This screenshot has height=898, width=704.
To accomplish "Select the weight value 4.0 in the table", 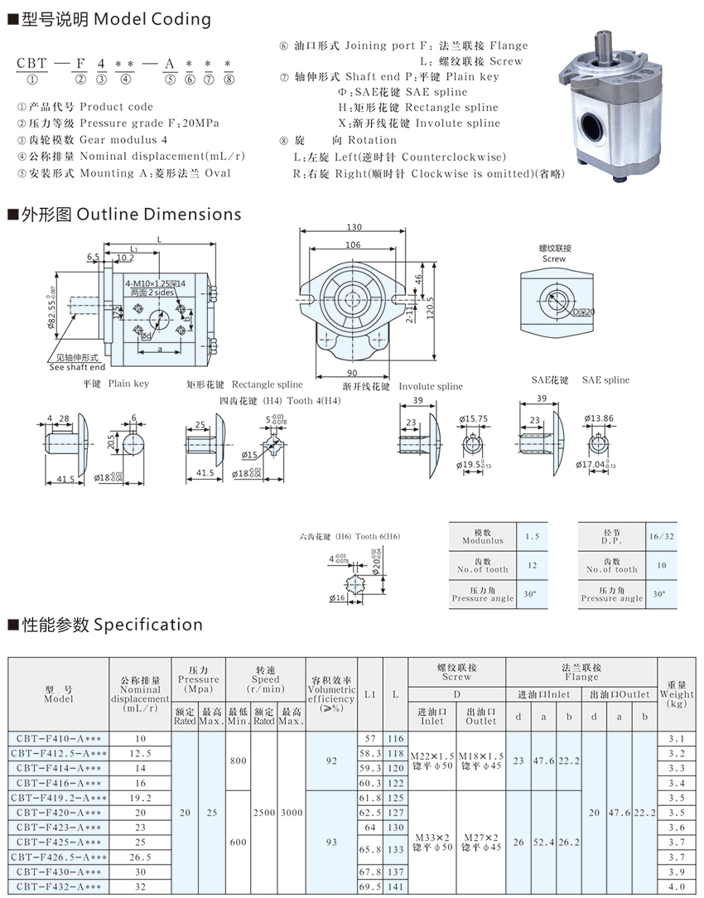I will (676, 887).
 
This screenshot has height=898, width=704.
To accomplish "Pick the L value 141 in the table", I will (395, 887).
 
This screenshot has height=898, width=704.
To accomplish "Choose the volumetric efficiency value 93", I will (331, 842).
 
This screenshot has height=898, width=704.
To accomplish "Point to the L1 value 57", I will (369, 738).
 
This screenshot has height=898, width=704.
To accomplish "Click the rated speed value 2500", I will (264, 813).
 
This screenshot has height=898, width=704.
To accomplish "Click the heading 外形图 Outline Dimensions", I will (124, 215).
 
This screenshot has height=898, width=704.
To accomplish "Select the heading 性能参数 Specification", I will (104, 624).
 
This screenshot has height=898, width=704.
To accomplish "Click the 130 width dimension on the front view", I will (354, 228).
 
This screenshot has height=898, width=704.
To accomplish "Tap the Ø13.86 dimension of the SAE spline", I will (599, 418).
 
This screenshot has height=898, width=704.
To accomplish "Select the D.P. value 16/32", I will (660, 536).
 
